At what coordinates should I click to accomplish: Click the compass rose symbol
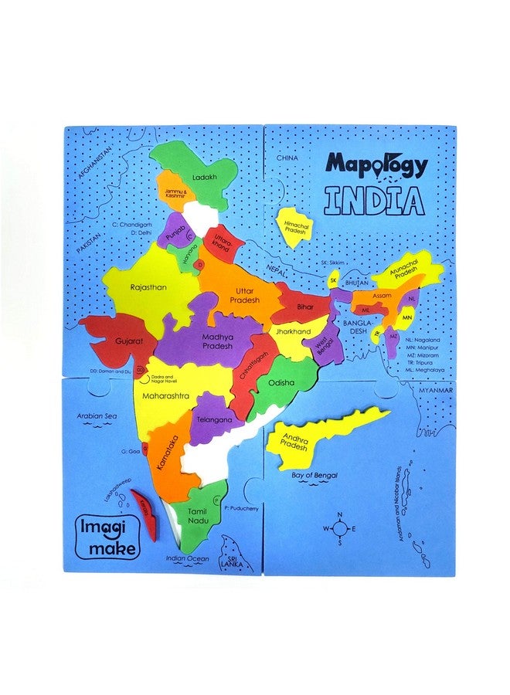coord(338,528)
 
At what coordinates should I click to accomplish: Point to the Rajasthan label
coord(148,287)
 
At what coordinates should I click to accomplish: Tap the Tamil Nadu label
coord(199,514)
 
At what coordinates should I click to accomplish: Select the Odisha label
coord(281,382)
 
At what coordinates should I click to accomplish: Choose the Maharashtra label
coord(165,395)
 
